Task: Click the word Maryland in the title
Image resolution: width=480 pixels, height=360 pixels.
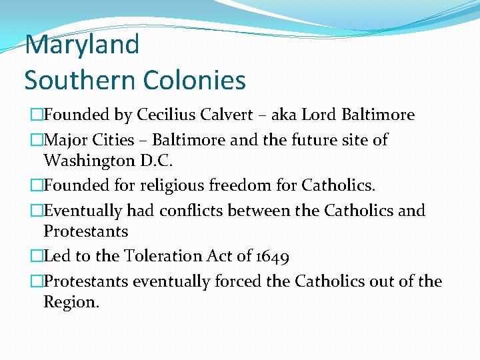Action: (82, 45)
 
